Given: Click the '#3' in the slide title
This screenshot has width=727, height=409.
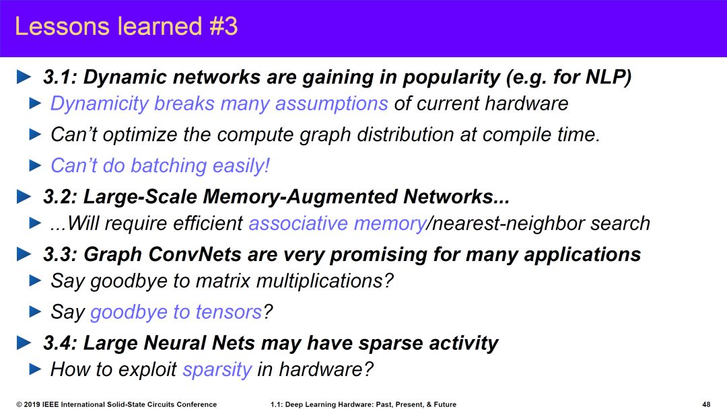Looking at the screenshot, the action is coord(223,26).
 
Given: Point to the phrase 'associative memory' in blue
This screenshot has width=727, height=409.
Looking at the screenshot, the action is coord(337,224).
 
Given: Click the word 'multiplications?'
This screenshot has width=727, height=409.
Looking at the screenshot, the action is coord(324,281).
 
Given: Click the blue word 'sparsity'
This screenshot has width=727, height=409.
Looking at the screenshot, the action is coord(217,369).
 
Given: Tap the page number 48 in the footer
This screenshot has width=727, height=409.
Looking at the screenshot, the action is coord(707,404).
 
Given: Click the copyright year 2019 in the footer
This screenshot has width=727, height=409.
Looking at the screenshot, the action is coord(31,404).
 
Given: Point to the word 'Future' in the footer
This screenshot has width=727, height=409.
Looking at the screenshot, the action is coord(445,404).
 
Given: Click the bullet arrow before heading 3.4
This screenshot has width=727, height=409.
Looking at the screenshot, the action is coord(24,343).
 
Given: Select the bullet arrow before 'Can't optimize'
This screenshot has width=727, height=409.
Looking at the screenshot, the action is coord(35,135).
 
